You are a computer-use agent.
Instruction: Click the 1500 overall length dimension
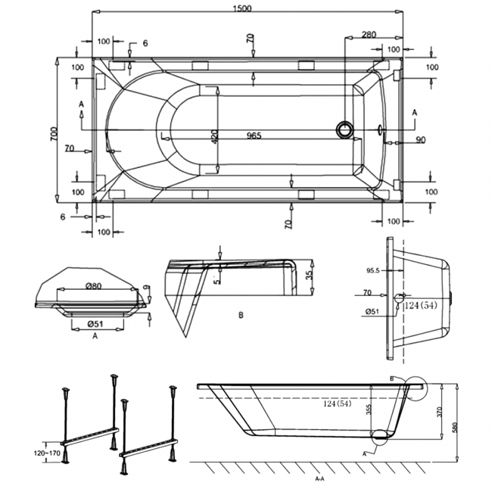(x=242, y=8)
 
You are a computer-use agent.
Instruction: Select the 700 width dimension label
(x=54, y=134)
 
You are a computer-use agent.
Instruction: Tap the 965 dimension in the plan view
(x=254, y=135)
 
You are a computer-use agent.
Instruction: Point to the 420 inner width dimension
(x=214, y=137)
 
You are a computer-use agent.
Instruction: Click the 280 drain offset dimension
(x=369, y=35)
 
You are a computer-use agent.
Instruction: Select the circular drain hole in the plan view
(x=345, y=129)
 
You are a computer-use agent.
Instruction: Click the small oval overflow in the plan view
(x=380, y=129)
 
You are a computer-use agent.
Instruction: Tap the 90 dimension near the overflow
(x=420, y=139)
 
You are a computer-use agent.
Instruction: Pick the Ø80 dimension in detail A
(x=94, y=286)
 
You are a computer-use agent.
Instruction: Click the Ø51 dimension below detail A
(x=95, y=324)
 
